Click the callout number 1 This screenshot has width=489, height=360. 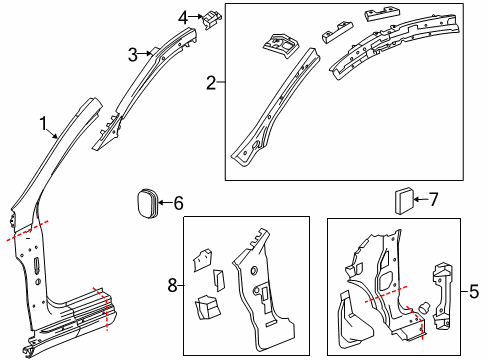tap(44, 123)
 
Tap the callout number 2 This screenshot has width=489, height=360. tap(211, 82)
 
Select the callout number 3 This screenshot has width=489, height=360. tap(132, 55)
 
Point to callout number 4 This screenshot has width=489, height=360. tap(183, 16)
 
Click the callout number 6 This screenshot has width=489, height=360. tap(178, 203)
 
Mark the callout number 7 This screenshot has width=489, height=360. tap(434, 199)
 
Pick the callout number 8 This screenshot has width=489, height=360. tap(171, 285)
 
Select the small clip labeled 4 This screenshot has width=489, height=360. tap(212, 19)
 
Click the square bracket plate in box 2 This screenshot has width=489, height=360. tap(280, 44)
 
